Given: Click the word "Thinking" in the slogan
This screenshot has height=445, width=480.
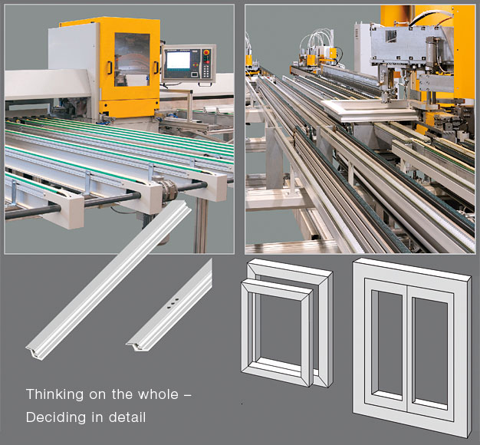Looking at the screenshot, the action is pos(54,394).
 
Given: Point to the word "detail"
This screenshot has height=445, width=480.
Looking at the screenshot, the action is pos(127,417).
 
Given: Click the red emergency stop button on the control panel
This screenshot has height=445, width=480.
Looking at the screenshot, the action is pos(206,53).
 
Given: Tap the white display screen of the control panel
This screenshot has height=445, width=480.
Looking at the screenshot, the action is pos(178,61).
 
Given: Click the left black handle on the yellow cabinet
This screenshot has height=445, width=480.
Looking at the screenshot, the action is pos(110,68).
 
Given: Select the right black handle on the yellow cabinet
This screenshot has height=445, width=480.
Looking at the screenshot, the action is pos(156,68).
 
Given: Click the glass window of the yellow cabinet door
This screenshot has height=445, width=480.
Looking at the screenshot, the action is pos(132,60).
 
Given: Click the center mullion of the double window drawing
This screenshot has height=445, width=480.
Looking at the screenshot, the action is pos(407,348).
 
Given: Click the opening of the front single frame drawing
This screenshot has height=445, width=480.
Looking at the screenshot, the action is pos(280,330).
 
